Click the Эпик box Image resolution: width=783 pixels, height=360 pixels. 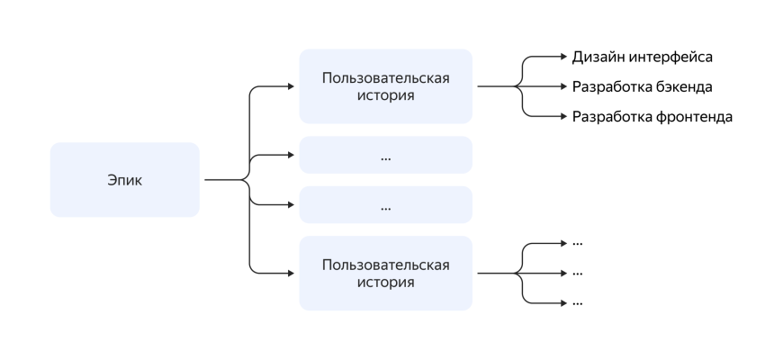(x=124, y=180)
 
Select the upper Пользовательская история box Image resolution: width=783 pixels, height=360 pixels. (x=385, y=86)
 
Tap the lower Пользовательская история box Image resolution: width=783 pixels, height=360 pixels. (x=385, y=273)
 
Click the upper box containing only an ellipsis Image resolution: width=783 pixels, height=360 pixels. (x=385, y=155)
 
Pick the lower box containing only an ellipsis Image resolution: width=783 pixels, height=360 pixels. (x=385, y=205)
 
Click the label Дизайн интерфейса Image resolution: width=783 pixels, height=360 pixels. (x=643, y=58)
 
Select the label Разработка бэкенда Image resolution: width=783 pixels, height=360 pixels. (x=643, y=87)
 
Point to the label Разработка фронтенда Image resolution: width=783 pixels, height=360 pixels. (x=652, y=117)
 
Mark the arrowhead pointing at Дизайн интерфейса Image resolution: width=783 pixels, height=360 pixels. (x=563, y=58)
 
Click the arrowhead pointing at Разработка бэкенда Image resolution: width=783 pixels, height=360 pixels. (x=563, y=87)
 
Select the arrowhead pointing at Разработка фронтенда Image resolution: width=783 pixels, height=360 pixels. (x=563, y=117)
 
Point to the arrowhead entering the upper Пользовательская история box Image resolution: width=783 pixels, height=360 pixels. (x=290, y=86)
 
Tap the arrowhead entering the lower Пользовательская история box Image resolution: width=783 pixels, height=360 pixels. (x=290, y=273)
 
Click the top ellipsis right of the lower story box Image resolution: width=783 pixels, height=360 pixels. (x=578, y=243)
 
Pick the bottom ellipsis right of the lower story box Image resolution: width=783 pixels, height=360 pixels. (x=578, y=302)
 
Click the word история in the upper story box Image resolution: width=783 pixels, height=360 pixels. (x=385, y=95)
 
